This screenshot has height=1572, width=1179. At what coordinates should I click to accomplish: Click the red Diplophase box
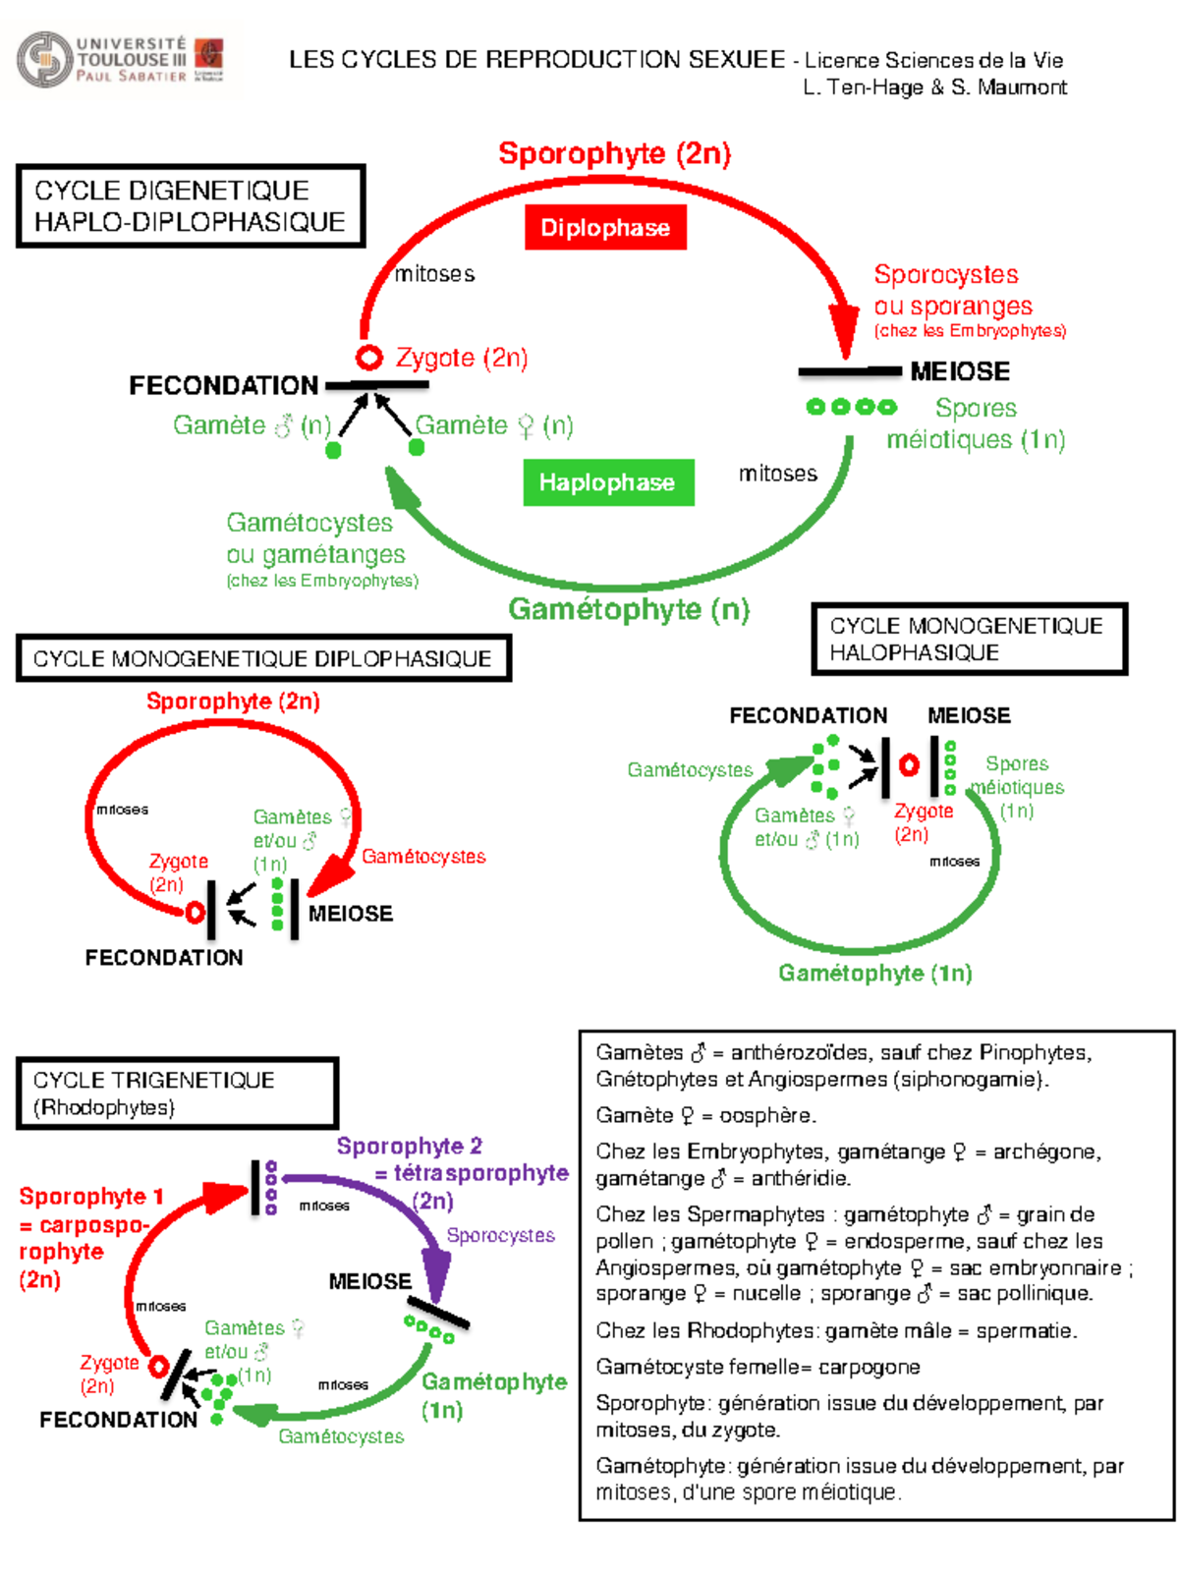[x=605, y=228]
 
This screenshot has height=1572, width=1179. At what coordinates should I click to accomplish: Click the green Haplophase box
[x=608, y=482]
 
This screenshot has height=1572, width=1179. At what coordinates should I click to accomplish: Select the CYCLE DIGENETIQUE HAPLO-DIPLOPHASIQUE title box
[x=191, y=206]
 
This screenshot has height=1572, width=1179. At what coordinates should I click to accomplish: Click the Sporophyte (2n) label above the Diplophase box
[x=614, y=154]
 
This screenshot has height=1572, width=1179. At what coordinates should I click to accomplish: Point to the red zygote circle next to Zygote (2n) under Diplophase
[x=369, y=358]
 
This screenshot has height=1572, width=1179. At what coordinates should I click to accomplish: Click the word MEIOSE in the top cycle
[x=959, y=371]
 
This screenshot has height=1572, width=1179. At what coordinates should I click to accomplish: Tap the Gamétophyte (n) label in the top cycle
[x=629, y=609]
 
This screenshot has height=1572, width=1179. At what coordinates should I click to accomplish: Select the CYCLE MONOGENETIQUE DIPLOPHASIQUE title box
[x=263, y=658]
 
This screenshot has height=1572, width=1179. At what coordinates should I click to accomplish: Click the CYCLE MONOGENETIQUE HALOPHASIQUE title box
[x=968, y=640]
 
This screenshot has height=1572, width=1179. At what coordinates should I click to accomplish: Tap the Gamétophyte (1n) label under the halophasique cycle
[x=874, y=973]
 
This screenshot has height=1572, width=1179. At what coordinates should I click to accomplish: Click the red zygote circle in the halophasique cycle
[x=909, y=764]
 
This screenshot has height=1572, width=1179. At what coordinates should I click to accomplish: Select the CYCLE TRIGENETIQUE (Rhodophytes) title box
[x=177, y=1094]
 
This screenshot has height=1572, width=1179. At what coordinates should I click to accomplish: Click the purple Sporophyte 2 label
[x=410, y=1146]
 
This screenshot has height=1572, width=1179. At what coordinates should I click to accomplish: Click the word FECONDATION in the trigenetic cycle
[x=118, y=1420]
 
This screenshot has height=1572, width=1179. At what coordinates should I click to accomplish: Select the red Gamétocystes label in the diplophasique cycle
[x=423, y=857]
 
